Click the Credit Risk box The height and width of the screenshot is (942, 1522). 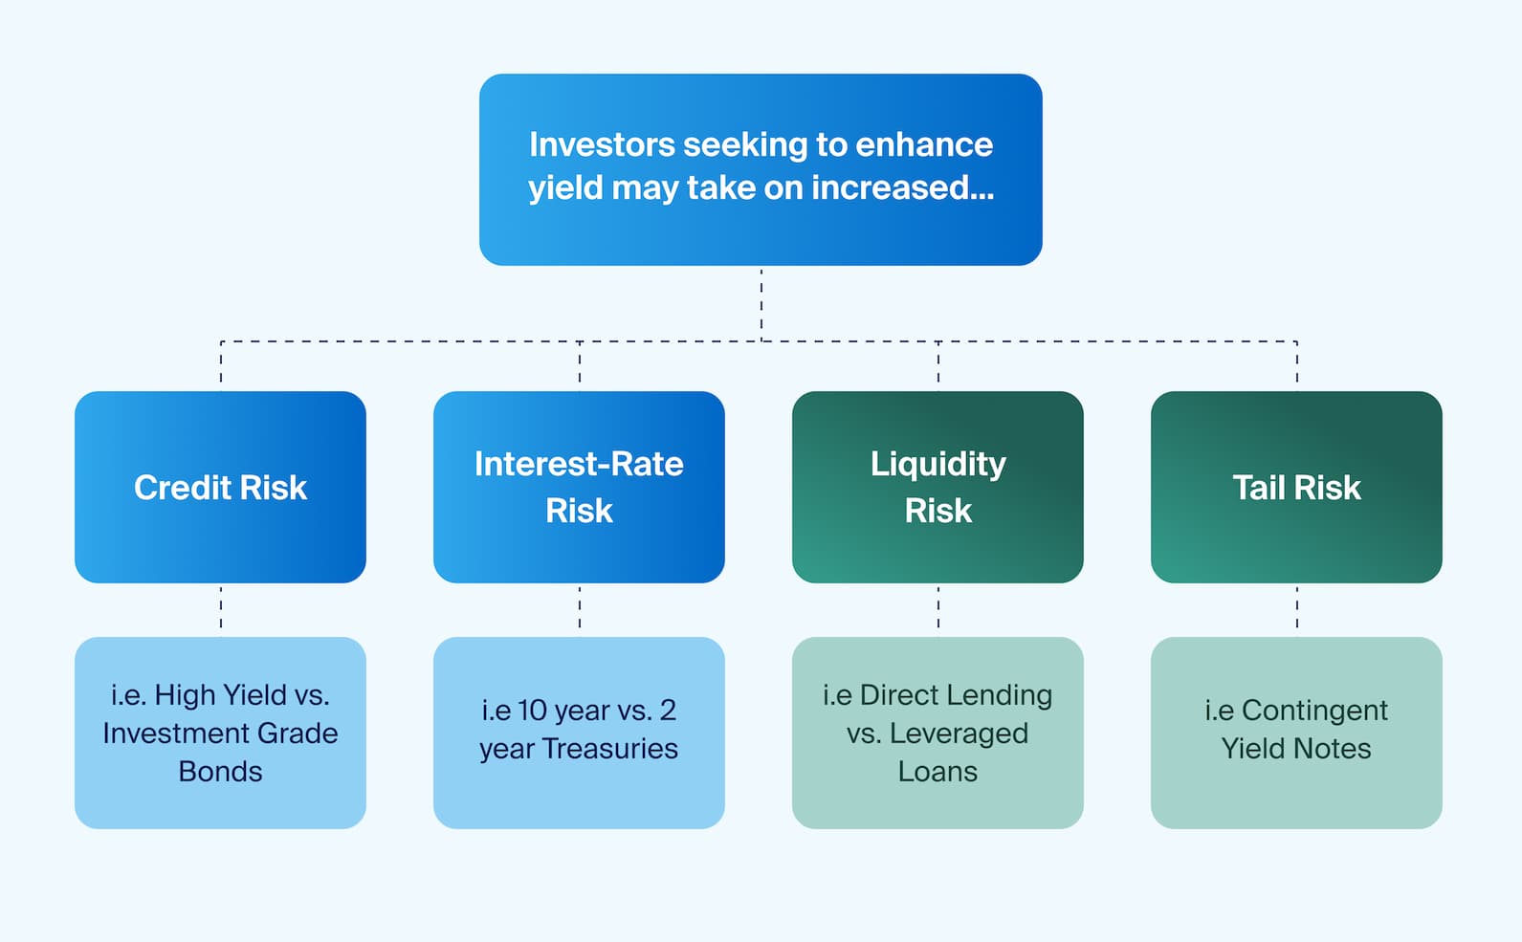coord(220,487)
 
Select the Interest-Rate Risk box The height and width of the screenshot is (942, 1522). coord(579,487)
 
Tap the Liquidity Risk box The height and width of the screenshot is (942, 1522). coord(937,487)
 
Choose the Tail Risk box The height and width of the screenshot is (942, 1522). coord(1296,487)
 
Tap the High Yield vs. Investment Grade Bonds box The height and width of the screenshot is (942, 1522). coord(220,733)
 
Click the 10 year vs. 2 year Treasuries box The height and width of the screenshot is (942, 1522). coord(579,733)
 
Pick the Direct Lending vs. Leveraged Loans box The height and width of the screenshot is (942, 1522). coord(937,733)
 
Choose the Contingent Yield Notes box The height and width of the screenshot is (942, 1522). coord(1296,733)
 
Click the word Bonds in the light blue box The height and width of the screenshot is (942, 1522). coord(220,772)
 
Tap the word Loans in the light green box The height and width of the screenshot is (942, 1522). coord(937,772)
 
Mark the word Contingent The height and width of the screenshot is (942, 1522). coord(1314,711)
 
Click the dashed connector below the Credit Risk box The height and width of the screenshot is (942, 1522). coord(221,609)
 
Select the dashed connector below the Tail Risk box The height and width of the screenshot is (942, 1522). coord(1297,609)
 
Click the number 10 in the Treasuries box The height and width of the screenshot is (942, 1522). coord(532,711)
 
